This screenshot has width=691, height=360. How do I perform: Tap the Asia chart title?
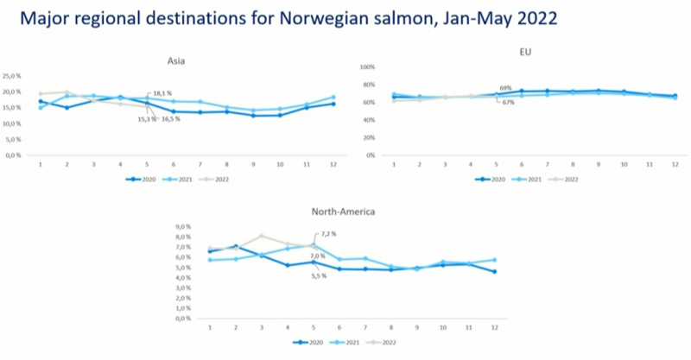point(178,60)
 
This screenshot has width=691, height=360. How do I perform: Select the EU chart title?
point(524,52)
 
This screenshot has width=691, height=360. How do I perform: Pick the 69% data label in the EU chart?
point(505,88)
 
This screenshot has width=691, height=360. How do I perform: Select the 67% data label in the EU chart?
point(508,102)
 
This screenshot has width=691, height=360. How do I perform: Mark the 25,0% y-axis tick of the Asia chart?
point(12,76)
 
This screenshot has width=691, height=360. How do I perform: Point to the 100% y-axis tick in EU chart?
point(366,66)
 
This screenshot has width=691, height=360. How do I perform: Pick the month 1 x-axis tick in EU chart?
point(394,163)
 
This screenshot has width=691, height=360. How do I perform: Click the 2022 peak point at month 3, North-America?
point(262,236)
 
